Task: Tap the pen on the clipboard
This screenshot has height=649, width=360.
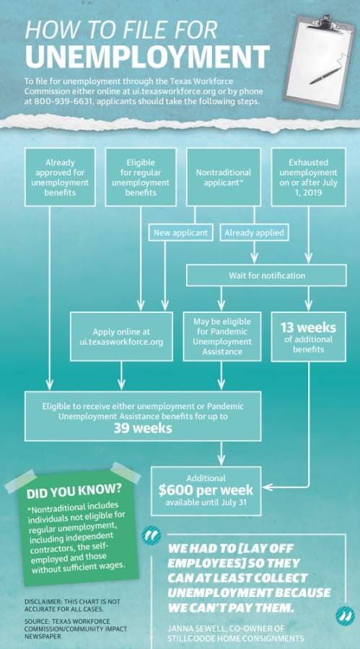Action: [325, 76]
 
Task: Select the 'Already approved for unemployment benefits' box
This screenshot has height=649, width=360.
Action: [60, 177]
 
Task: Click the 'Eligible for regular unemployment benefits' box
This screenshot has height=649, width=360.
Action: [141, 177]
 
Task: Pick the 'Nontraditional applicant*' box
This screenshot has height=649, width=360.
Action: [224, 177]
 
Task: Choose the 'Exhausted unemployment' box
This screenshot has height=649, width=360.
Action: [309, 177]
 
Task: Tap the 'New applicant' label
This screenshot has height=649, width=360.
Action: [180, 233]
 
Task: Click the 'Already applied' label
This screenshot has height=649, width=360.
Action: [255, 233]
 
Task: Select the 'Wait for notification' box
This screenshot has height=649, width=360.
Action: [266, 275]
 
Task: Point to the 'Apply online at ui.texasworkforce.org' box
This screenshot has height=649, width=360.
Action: [121, 337]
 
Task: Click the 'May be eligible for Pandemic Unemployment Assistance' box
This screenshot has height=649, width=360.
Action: [222, 337]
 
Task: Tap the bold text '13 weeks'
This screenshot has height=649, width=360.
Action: [308, 328]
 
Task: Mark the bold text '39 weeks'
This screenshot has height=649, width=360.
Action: [143, 428]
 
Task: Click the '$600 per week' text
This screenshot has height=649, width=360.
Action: [206, 490]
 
